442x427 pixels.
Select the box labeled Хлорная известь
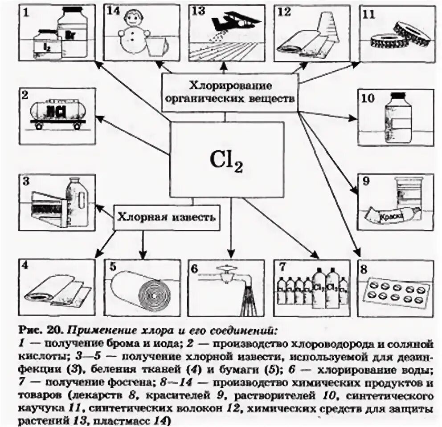click(167, 218)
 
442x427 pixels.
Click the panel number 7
click(281, 268)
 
